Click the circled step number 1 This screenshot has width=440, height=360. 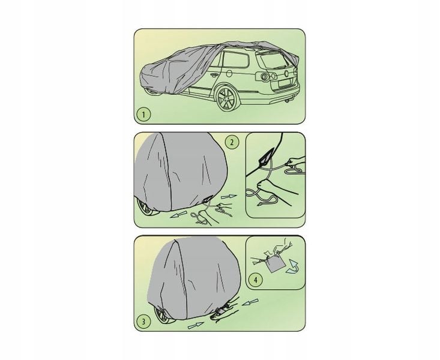coord(143,115)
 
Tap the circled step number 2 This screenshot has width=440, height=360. coord(232,142)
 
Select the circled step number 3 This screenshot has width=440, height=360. coord(143,321)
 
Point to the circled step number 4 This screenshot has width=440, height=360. coord(256,280)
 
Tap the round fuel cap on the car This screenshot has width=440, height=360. coord(229,74)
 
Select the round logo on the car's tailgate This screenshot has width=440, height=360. coord(286,74)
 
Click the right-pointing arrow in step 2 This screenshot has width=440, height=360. coord(229,197)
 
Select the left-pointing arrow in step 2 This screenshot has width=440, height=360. coord(178,215)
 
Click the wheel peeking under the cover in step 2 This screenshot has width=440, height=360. coord(146,208)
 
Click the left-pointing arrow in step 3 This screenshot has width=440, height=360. coord(250,302)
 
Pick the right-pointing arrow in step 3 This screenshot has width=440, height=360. coord(196,325)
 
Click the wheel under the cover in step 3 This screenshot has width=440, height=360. coord(163,315)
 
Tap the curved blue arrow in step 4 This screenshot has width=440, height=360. coord(292,266)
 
